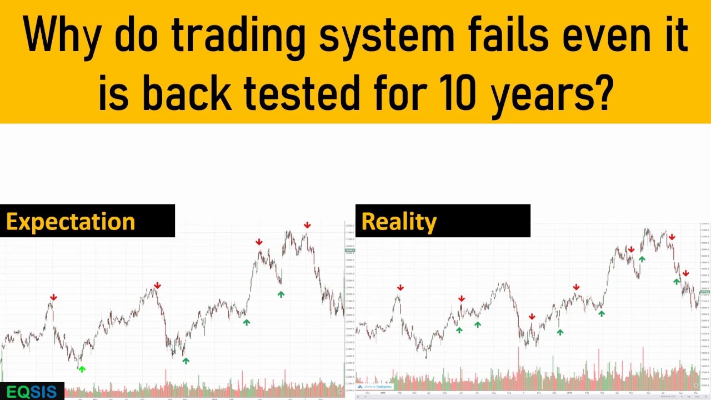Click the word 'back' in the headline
(187, 91)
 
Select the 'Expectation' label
(71, 222)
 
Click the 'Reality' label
(399, 222)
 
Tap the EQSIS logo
(32, 392)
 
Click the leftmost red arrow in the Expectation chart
(53, 298)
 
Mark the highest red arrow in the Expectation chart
(307, 225)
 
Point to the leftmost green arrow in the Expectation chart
(82, 369)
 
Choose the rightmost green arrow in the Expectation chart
(281, 294)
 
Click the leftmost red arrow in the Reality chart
(400, 288)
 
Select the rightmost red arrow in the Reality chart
(686, 273)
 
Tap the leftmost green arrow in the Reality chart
(459, 330)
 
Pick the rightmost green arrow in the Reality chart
(677, 282)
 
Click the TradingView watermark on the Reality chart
(378, 387)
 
